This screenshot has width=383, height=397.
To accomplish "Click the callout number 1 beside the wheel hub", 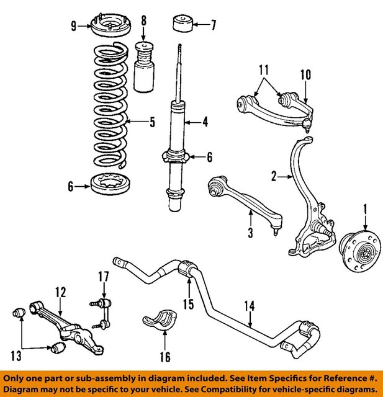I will click(x=366, y=208).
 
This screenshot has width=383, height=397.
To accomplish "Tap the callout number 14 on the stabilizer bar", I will click(x=250, y=305).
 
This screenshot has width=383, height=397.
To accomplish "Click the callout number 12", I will click(x=60, y=290).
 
